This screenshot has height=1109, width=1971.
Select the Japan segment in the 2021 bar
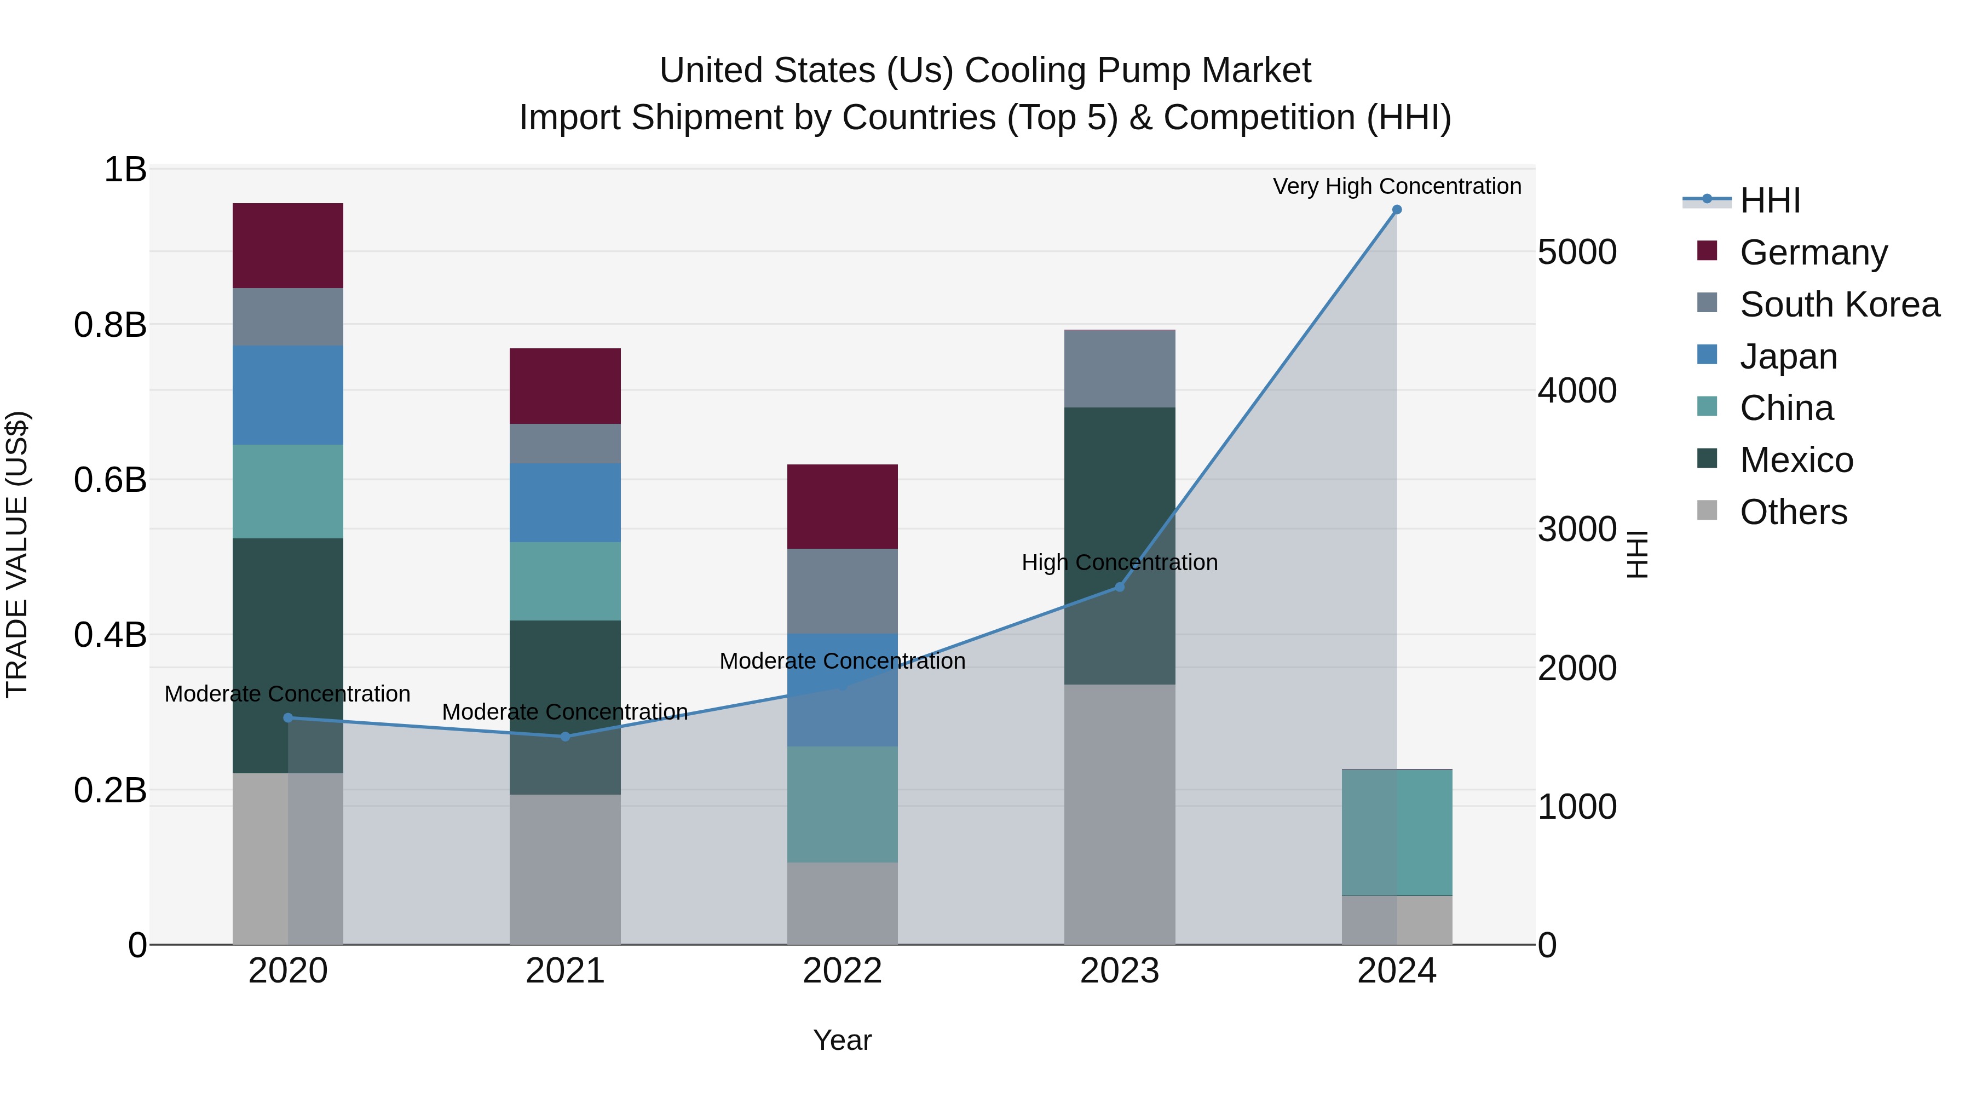[564, 502]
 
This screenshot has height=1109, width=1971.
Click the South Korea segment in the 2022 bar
[843, 591]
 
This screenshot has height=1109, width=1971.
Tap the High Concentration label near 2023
[1120, 562]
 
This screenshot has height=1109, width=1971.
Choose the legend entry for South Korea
[1840, 304]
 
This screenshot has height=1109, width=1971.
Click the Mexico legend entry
[1796, 460]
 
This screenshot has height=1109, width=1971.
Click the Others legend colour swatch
[1707, 510]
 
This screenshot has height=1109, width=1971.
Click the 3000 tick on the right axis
[1577, 530]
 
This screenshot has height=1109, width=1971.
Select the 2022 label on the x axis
[843, 971]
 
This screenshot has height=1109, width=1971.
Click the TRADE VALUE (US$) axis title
[17, 554]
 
